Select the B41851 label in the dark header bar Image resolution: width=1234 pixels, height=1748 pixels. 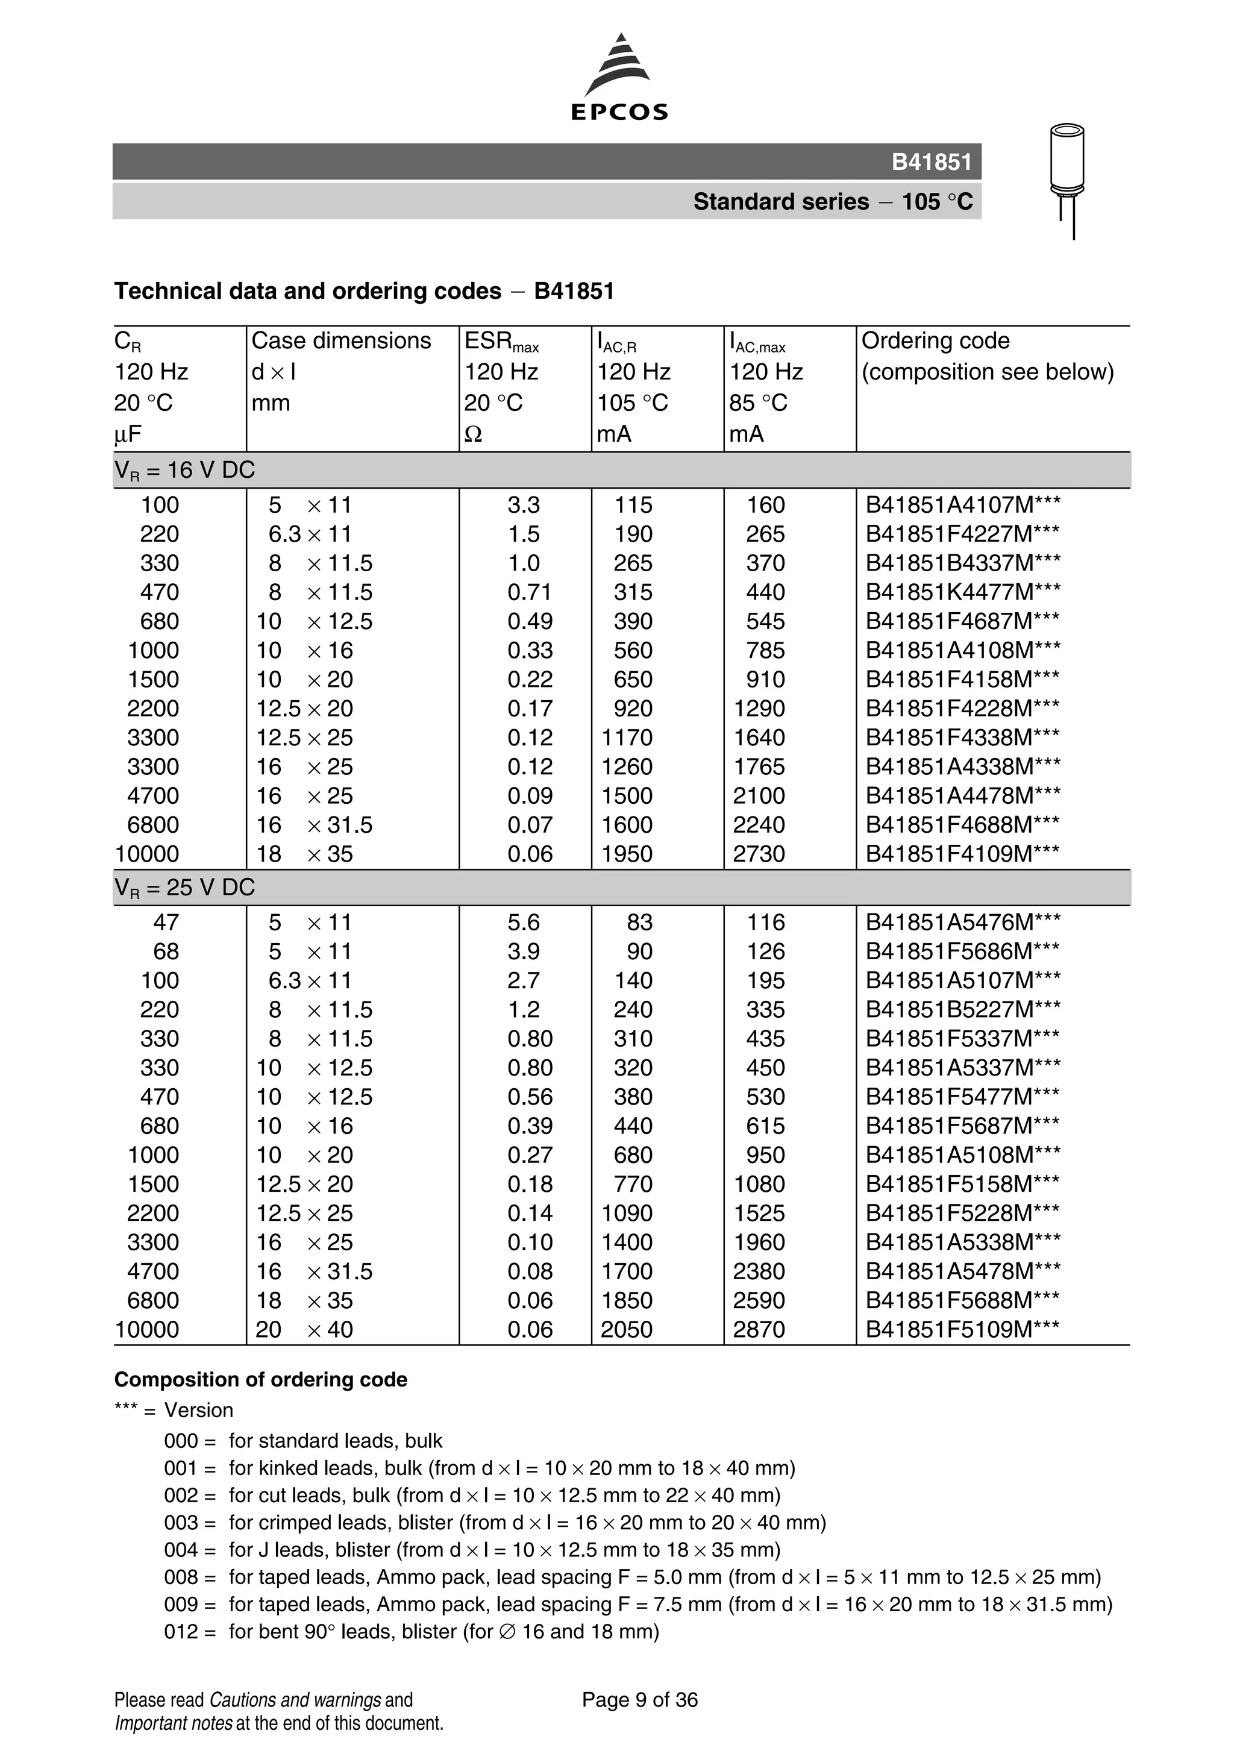tap(931, 162)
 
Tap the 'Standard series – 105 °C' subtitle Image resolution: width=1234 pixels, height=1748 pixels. tap(832, 202)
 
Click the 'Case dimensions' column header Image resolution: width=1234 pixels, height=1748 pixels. tap(341, 341)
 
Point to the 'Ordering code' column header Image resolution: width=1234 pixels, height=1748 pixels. tap(935, 341)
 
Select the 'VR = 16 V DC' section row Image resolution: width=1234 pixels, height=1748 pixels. tap(184, 471)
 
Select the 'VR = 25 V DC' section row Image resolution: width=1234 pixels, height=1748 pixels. tap(184, 888)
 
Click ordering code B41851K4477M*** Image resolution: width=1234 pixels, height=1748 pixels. tap(962, 592)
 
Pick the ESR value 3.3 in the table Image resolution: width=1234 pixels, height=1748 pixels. tap(524, 506)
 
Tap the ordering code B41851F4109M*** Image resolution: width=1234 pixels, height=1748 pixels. tap(962, 854)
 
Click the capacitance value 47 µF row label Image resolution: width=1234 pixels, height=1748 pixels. tap(166, 923)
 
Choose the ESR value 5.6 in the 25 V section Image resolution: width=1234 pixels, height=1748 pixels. tap(524, 923)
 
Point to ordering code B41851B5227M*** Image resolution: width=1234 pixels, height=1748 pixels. tap(962, 1010)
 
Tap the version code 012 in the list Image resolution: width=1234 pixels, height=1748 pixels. tap(180, 1632)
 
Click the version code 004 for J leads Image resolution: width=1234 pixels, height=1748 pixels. tap(180, 1550)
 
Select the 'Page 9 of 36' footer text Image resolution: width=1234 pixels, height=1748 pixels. tap(639, 1700)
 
